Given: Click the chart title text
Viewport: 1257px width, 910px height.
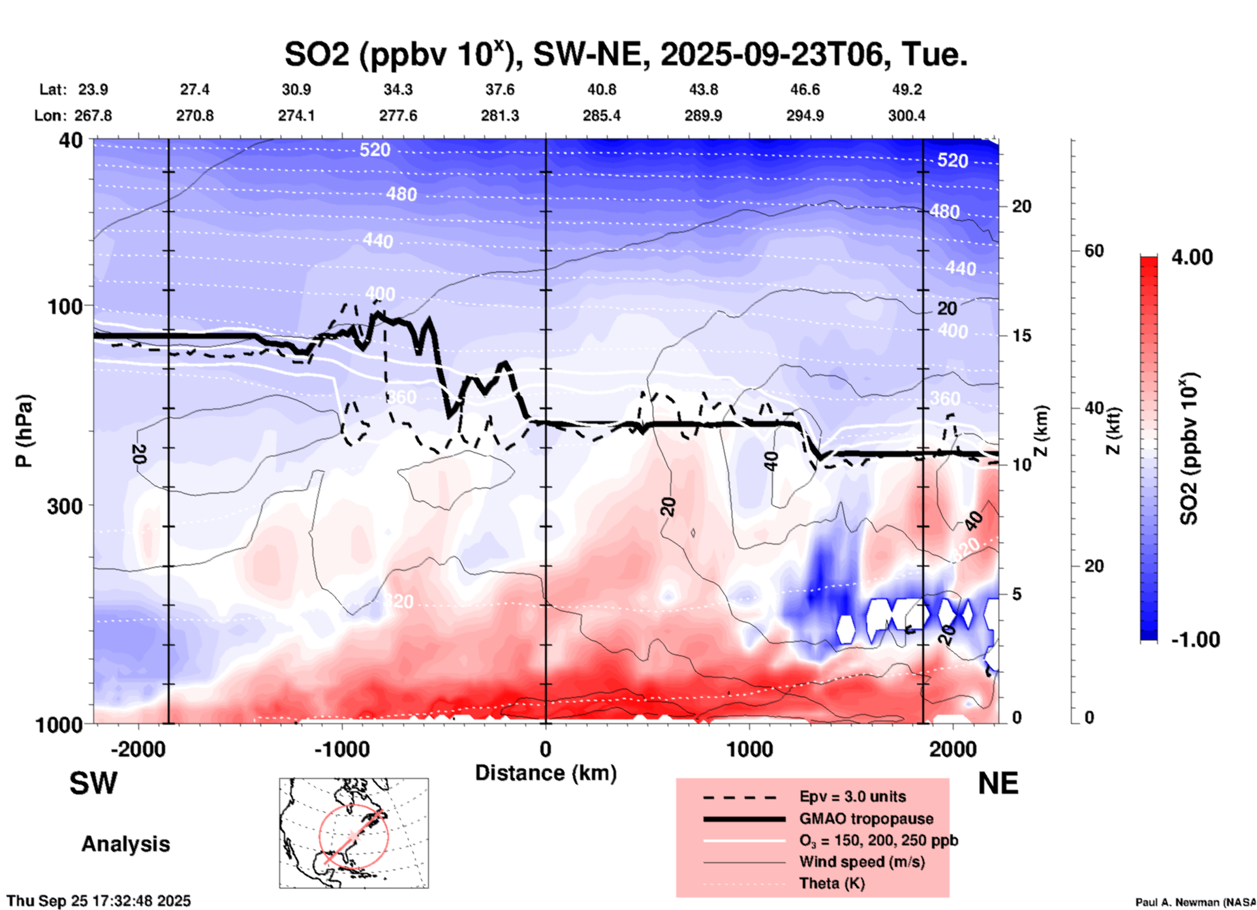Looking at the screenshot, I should tap(625, 54).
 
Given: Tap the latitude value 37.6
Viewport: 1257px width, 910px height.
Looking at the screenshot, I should tap(500, 89).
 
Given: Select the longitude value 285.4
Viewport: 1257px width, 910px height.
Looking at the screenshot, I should tap(601, 116).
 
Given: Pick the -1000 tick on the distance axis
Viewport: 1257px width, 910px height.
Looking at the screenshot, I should tap(341, 749).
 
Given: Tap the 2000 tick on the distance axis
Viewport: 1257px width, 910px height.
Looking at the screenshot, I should tap(953, 749).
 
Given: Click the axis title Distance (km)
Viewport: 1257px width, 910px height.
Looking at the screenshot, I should tap(546, 773).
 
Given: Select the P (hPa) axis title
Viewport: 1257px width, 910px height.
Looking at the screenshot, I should tap(24, 431).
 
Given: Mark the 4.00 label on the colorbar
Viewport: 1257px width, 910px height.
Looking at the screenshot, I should tap(1192, 257).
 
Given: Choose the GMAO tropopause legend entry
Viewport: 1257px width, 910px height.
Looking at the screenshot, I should tap(866, 819).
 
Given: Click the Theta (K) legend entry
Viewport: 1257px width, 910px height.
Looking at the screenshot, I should tap(831, 883).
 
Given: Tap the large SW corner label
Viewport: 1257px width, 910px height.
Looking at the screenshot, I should tap(93, 783).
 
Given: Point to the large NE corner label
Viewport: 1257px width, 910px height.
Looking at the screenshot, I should tap(998, 783).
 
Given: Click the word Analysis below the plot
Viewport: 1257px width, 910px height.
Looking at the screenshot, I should tap(125, 844).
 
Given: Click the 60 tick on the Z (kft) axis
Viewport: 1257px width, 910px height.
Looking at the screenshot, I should tap(1094, 251).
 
